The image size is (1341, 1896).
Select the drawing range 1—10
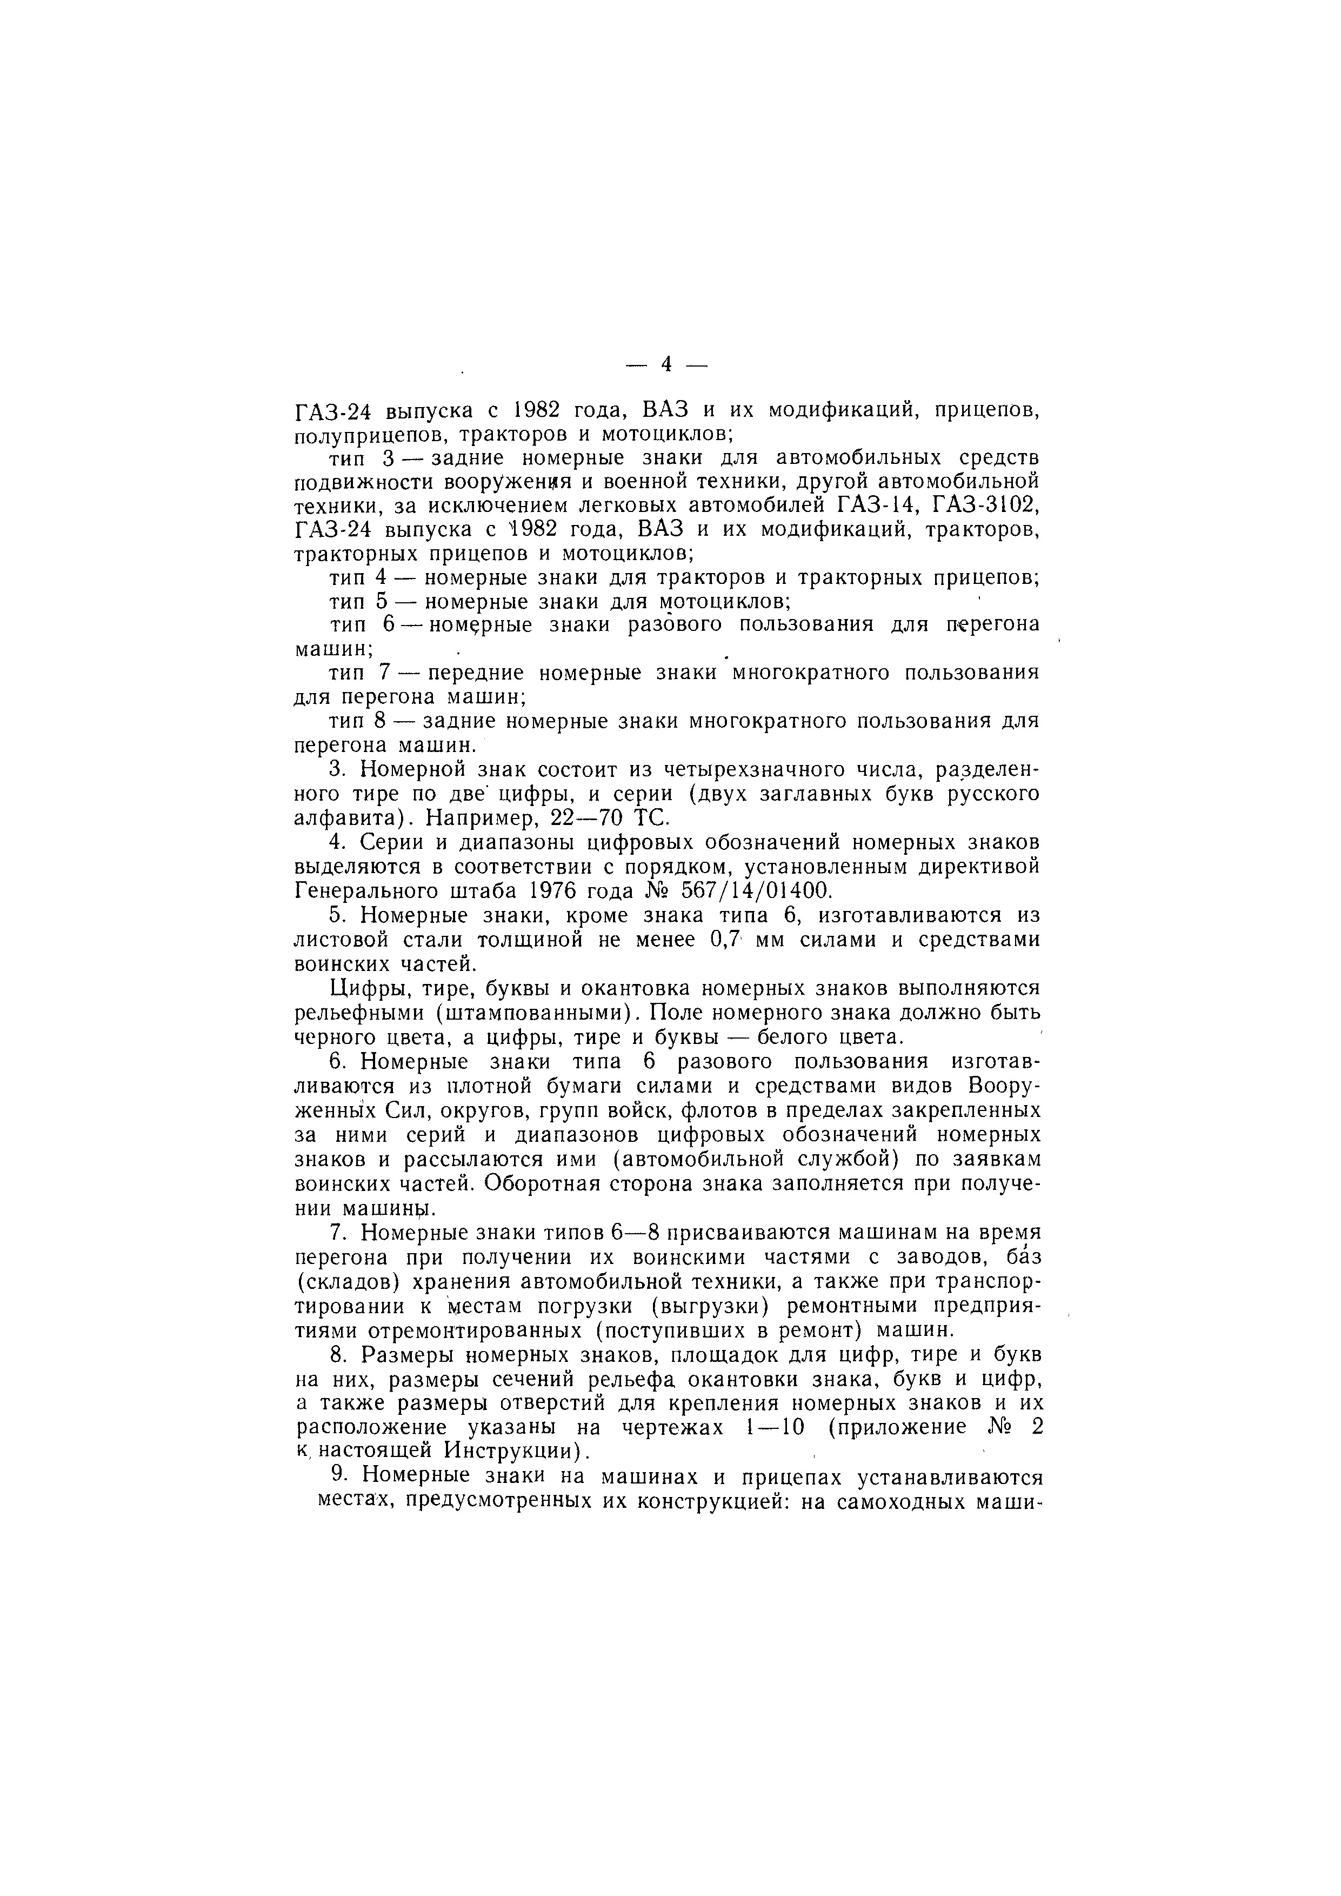tap(768, 1427)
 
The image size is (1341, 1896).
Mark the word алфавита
tap(348, 819)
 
